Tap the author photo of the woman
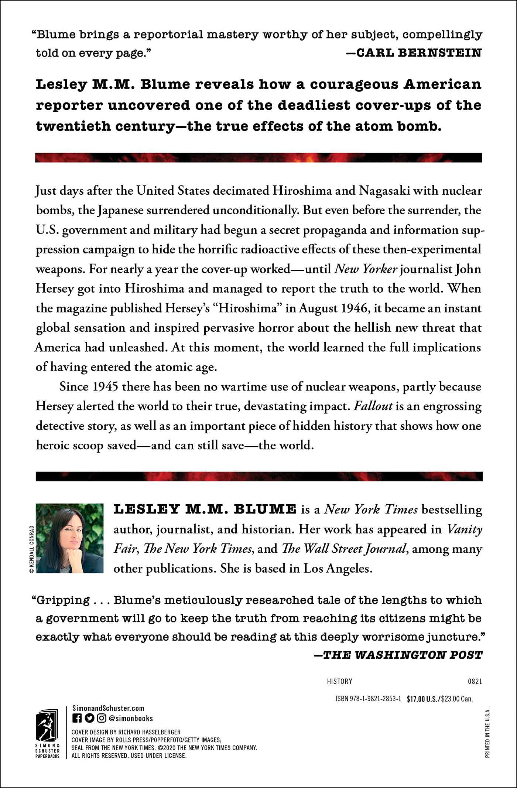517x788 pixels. tap(69, 538)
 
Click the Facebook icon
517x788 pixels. tap(77, 718)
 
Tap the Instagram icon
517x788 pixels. tap(102, 718)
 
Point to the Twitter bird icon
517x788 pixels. tap(89, 718)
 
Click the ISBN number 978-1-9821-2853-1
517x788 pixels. tap(368, 699)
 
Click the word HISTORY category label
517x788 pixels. tap(339, 681)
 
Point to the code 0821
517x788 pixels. tap(475, 681)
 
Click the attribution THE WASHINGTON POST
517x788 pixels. tap(403, 655)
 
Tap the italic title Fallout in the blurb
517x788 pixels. tap(373, 406)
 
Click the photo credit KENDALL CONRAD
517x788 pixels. tap(32, 549)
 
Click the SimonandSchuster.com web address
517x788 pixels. tap(108, 708)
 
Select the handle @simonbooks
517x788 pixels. tap(131, 718)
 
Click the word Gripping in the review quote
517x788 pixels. tap(63, 600)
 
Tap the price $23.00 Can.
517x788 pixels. tap(457, 699)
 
